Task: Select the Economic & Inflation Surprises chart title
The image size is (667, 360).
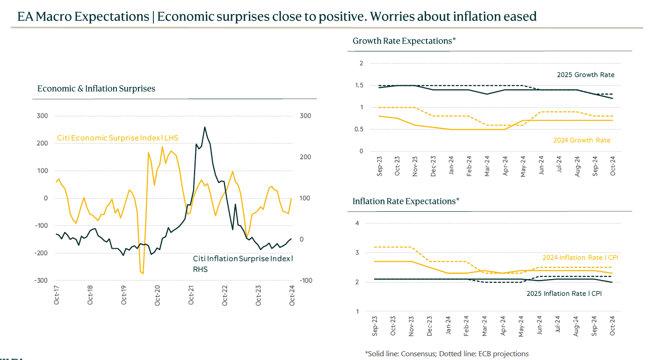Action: coord(96,88)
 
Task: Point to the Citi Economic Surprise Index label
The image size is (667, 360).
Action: coord(117,138)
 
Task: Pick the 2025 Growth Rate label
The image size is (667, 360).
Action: coord(585,75)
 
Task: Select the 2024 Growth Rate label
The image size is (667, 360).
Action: coord(581,140)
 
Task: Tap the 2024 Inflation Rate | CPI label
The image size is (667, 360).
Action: coord(583,258)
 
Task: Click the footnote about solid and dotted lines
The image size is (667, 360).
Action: coord(447,353)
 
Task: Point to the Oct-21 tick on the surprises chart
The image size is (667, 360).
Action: coord(191,294)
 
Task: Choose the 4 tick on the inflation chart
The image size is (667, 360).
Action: coord(357,223)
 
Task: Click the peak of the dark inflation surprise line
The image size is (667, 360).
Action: coord(204,127)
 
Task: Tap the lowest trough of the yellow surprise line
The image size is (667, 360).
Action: coord(143,274)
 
